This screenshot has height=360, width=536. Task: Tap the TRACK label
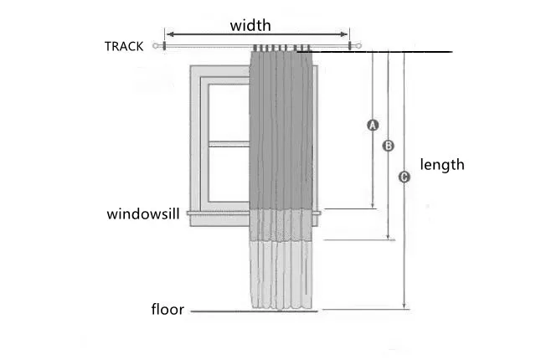click(x=124, y=47)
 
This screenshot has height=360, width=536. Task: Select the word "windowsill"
click(x=143, y=214)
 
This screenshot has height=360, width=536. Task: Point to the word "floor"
click(x=167, y=310)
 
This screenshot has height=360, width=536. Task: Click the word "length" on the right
click(x=442, y=165)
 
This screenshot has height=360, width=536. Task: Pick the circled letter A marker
click(x=374, y=125)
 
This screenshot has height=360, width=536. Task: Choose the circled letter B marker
click(x=389, y=146)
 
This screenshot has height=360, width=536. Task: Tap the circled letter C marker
click(x=404, y=177)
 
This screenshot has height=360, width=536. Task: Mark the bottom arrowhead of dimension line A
click(x=374, y=205)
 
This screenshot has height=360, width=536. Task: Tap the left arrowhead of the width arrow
click(x=167, y=35)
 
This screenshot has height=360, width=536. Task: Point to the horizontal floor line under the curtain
click(x=251, y=312)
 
